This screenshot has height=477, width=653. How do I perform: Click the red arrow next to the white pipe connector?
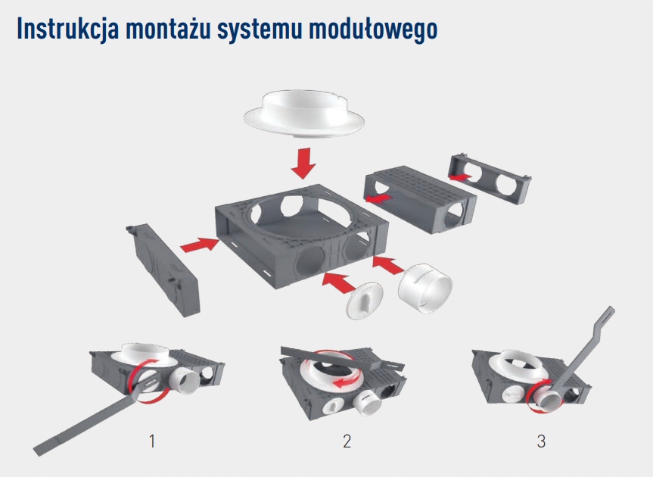389,266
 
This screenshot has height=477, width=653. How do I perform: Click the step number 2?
347,441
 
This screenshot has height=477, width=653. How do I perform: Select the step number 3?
540,441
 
